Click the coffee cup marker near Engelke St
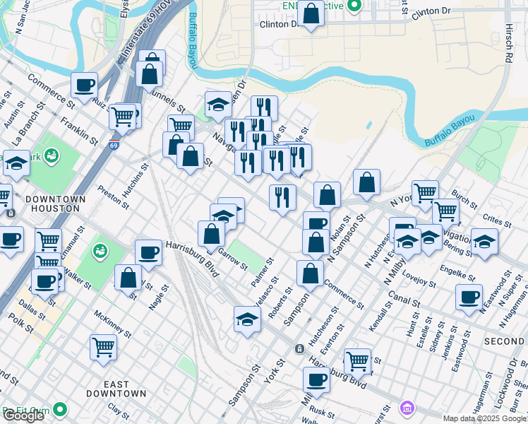point(469,297)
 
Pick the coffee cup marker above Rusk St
point(316,380)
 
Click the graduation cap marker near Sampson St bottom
point(247,319)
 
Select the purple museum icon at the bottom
point(406,408)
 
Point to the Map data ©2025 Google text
point(484,418)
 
